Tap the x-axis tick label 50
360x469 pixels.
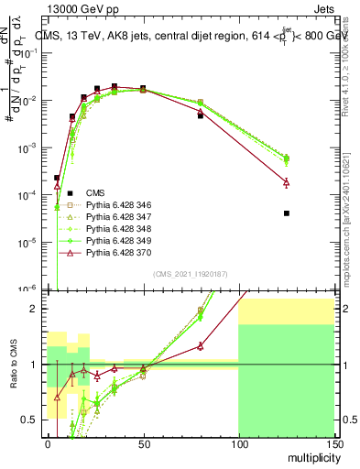tap(143, 444)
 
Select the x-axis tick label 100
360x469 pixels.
tap(238, 444)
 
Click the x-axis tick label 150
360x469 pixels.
tap(333, 444)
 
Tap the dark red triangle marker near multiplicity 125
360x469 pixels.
tap(286, 183)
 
